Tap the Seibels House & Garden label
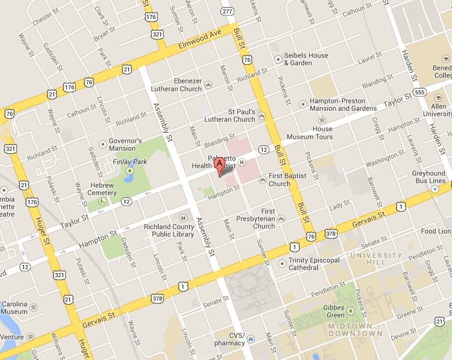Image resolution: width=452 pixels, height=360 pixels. point(306,59)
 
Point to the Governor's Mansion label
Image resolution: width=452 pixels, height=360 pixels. point(125,144)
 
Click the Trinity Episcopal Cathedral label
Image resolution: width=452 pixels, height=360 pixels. point(314,264)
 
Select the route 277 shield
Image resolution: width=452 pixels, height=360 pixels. point(228,11)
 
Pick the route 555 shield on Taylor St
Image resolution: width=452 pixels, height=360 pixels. point(420,93)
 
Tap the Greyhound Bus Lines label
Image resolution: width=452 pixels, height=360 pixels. point(429,177)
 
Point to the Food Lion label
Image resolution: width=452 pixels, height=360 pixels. point(436,231)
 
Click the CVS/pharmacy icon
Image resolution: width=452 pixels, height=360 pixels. point(251,339)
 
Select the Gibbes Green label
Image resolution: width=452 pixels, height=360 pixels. point(334,311)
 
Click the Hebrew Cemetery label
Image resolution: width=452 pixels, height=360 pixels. point(102,189)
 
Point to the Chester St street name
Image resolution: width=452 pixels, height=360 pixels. point(45,19)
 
